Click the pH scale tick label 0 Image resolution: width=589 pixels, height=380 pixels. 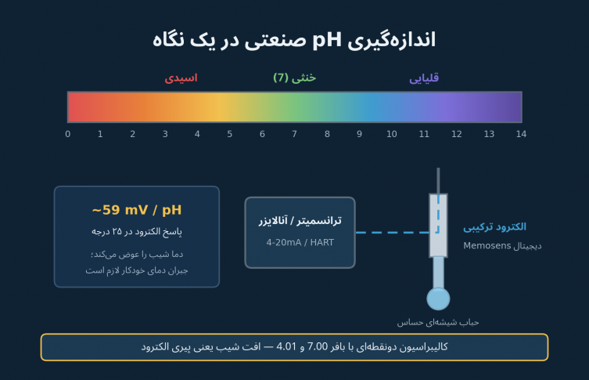coord(67,134)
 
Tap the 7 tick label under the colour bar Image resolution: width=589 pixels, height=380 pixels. coord(294,134)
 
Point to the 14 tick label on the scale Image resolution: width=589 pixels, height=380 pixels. coord(521,134)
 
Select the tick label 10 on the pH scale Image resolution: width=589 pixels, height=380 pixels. coord(391,134)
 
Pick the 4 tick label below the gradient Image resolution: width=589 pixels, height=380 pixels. coord(197,134)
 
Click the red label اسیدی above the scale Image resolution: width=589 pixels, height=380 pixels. coord(181,78)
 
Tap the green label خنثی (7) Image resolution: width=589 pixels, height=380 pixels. coord(294,78)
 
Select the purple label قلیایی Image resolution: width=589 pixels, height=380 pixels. coord(424,78)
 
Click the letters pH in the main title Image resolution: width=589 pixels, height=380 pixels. coord(327,40)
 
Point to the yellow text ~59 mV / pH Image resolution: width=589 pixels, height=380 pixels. coord(137,210)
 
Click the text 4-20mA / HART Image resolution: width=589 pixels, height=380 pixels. coord(300,242)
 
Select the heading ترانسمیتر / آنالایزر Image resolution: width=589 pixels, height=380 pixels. coord(300,220)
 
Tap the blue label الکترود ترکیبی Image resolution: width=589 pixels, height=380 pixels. coord(494,227)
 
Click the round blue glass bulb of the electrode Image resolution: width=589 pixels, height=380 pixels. coord(438,299)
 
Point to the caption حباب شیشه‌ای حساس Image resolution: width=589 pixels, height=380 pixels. coord(438,323)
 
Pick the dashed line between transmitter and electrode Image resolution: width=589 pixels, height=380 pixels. coord(393,233)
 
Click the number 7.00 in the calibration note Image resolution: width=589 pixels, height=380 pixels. coord(318,346)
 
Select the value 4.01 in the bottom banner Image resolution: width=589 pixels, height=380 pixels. coord(286,346)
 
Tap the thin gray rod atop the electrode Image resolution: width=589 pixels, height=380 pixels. coord(438,180)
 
